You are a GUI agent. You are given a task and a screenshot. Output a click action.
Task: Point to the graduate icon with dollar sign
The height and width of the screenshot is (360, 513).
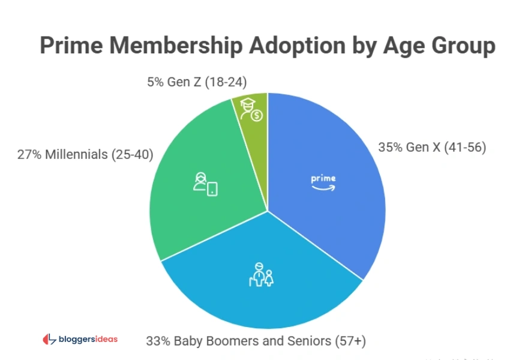coord(251,110)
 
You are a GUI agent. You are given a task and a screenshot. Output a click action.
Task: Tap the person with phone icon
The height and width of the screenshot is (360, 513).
coord(205,184)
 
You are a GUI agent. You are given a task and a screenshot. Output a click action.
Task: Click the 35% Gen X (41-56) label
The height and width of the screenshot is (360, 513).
coord(431,147)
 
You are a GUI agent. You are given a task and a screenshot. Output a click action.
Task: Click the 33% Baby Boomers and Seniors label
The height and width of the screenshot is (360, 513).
coord(256,341)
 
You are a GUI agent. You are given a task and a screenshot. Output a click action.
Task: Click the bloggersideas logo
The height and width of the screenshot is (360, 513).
coord(80,339)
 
